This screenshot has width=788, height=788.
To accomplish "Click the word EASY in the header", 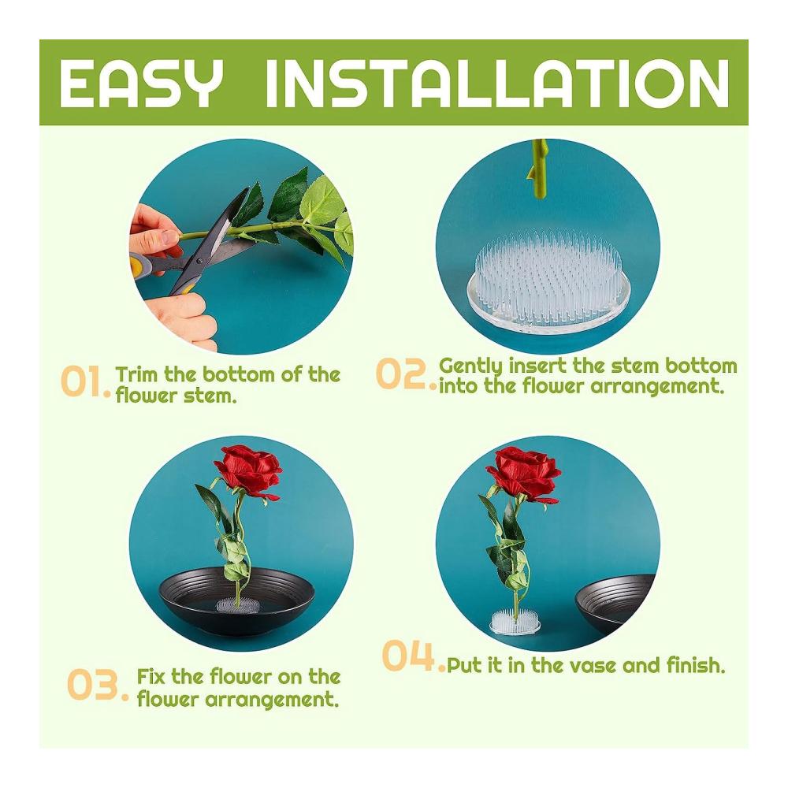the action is click(141, 83).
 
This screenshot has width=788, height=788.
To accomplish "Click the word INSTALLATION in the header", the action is click(497, 83).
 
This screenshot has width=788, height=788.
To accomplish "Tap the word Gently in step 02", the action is click(470, 366).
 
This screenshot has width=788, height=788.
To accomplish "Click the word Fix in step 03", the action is click(151, 676).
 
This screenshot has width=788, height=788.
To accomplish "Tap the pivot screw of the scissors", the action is click(200, 261).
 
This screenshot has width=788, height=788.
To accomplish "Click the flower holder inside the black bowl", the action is click(239, 604).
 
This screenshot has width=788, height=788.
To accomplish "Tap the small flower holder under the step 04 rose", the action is click(515, 621).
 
